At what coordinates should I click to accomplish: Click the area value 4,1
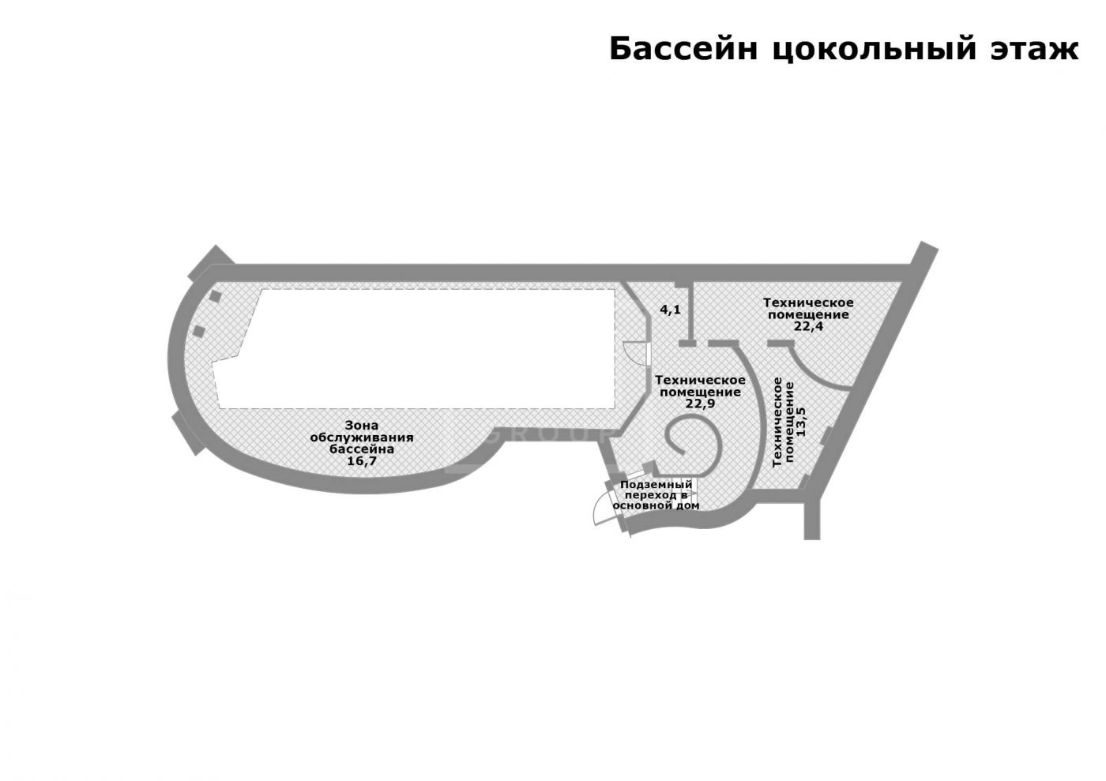point(670,310)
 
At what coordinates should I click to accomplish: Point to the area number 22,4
point(808,325)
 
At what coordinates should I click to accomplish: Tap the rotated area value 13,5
point(801,422)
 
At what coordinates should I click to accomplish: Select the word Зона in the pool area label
point(361,426)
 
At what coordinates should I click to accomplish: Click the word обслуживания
point(361,437)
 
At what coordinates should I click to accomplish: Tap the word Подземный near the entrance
point(656,484)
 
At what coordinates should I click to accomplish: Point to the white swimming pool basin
point(427,347)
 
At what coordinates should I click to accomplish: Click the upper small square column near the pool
point(214,296)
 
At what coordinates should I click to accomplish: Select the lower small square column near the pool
point(199,331)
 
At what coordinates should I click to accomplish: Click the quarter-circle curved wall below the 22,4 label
point(814,371)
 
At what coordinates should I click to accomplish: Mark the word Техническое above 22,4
point(807,302)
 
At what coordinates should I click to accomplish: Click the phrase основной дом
point(656,505)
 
